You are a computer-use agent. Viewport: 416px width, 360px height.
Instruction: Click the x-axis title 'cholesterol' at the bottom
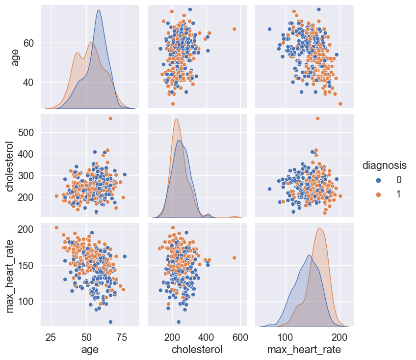point(197,350)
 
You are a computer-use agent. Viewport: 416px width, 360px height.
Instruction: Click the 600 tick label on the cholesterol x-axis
point(240,337)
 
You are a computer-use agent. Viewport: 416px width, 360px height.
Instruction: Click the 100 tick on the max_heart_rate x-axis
point(285,337)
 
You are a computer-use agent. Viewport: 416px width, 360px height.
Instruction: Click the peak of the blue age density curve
point(99,10)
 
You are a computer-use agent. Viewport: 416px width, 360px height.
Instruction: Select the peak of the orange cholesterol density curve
point(177,119)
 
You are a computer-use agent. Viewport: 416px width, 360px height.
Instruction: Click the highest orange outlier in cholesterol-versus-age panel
point(110,118)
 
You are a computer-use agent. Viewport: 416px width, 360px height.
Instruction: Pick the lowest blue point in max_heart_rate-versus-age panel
point(110,322)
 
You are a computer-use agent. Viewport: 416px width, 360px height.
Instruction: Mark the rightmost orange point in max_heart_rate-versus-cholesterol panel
point(234,257)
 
